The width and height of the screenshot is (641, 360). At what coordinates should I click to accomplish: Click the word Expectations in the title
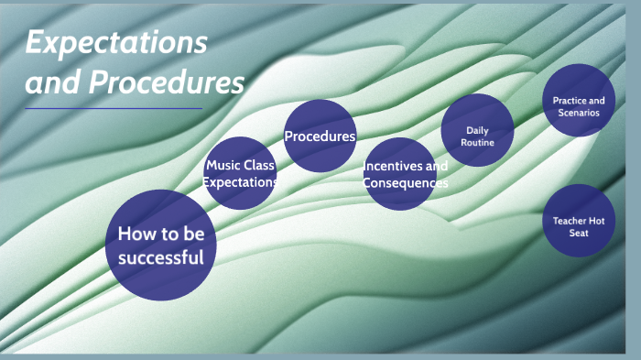(115, 43)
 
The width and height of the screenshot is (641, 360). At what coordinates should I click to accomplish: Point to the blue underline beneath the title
(113, 108)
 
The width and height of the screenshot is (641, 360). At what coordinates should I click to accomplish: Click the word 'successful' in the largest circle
(160, 257)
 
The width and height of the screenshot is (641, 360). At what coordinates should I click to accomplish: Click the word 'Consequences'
(406, 183)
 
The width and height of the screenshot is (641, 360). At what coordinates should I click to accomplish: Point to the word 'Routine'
(477, 143)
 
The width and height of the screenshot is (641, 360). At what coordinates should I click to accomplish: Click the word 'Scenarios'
(578, 113)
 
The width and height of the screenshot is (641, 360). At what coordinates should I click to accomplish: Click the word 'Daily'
(477, 130)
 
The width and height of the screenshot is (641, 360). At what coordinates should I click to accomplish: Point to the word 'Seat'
(578, 234)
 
